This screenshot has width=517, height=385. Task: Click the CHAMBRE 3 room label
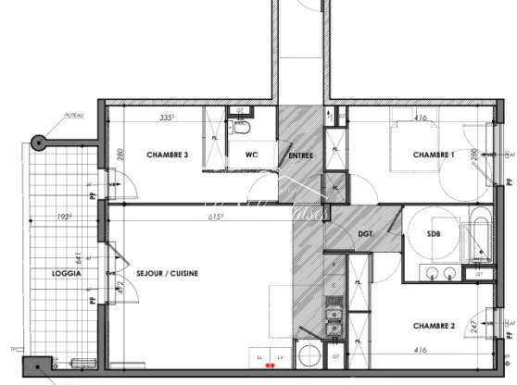[168, 155]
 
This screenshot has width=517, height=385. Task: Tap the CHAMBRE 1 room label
[434, 155]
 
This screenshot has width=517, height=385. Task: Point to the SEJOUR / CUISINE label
[168, 275]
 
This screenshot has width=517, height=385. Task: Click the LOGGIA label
[68, 275]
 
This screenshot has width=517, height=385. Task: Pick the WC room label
[251, 155]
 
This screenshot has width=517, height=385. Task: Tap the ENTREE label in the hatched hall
[300, 155]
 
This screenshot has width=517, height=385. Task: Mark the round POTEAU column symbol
[38, 143]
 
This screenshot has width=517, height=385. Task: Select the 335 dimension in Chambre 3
[167, 118]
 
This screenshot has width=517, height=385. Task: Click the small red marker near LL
[270, 366]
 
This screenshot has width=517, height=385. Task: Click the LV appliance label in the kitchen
[277, 356]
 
